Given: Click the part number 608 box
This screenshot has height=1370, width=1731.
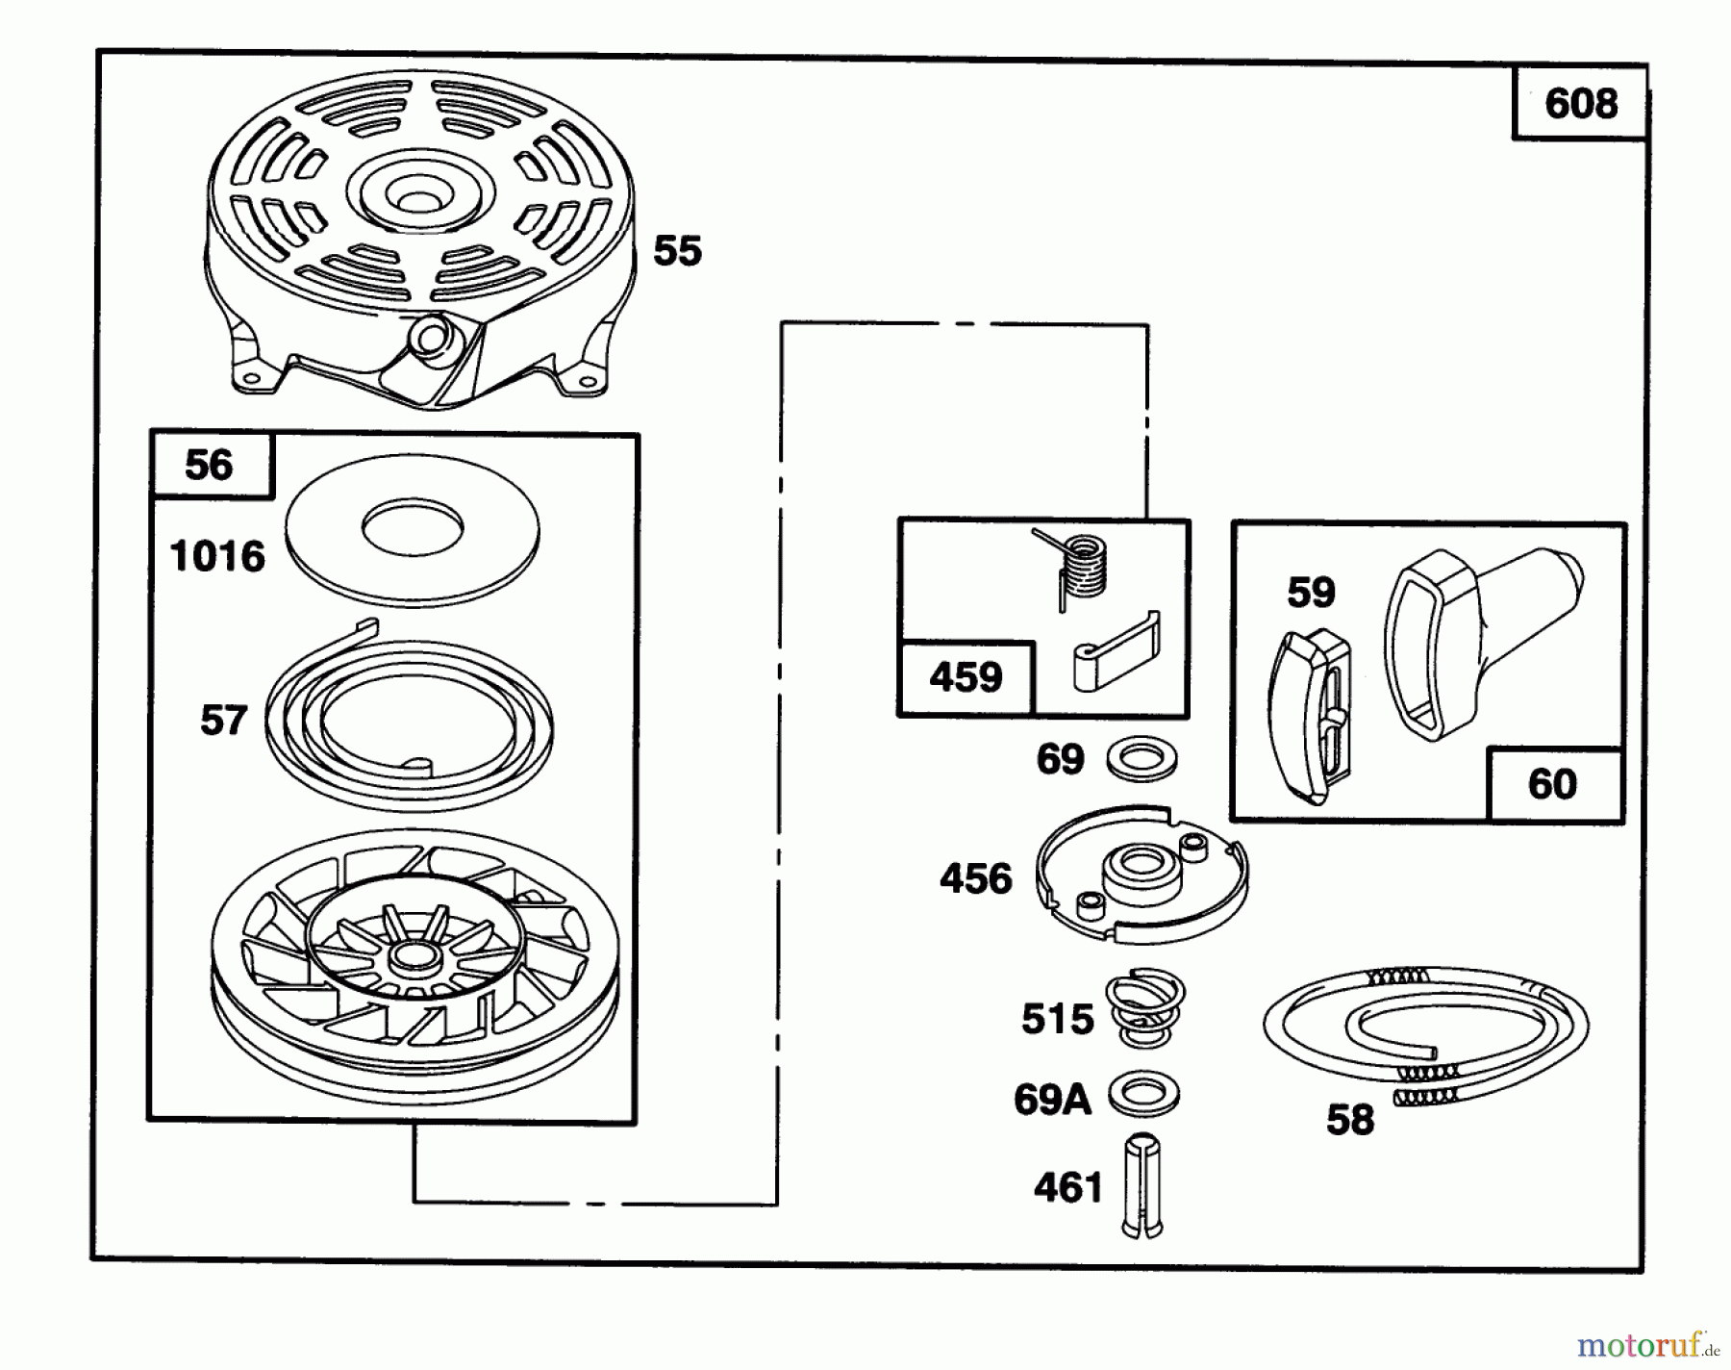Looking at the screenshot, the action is coord(1580,103).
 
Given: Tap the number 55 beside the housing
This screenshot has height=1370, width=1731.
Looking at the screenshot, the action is coord(677,251).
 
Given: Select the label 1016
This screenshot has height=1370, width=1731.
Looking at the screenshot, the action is coord(217,556).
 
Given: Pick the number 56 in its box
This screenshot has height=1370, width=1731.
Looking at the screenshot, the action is coord(209,466).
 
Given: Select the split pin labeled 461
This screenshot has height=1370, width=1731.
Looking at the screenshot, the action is coord(1142,1187).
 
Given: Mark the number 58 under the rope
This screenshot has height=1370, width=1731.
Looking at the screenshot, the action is coord(1349,1120).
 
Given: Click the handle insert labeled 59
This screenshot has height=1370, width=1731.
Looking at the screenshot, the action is coord(1310,714).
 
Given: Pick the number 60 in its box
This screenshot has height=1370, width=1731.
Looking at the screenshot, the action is coord(1552,784).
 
